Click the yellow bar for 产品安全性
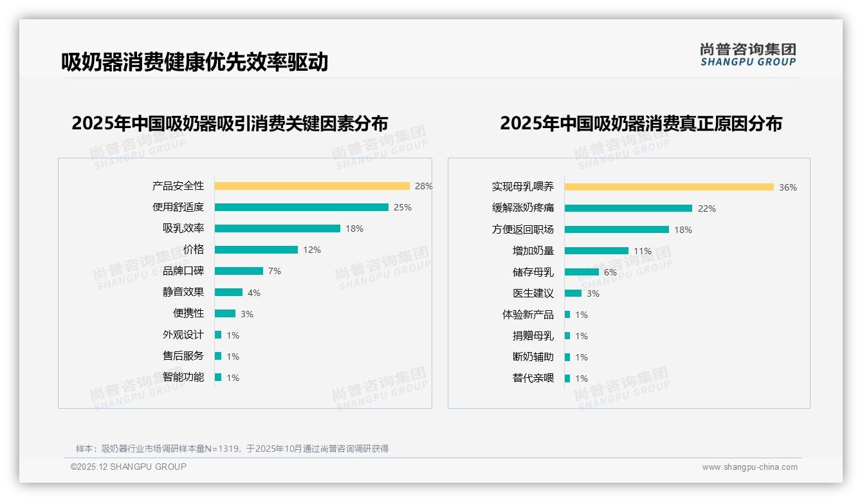[x=312, y=186]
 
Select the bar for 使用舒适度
[x=301, y=207]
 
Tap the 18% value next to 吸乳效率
[x=354, y=228]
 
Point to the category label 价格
[x=194, y=250]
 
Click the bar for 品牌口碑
[x=239, y=271]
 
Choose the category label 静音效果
[x=183, y=292]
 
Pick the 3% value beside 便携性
[x=247, y=314]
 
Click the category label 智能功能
[x=183, y=377]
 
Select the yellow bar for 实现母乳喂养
[x=669, y=187]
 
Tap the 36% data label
[x=788, y=187]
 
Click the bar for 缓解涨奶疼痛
[x=628, y=209]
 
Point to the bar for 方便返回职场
[x=616, y=230]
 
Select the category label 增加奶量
[x=533, y=251]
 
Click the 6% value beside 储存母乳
[x=610, y=272]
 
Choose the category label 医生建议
[x=533, y=293]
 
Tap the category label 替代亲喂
[x=533, y=378]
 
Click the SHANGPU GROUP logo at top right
[x=748, y=55]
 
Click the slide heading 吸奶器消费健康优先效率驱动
[x=194, y=62]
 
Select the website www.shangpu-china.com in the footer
[x=749, y=467]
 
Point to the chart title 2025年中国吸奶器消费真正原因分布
[x=641, y=124]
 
